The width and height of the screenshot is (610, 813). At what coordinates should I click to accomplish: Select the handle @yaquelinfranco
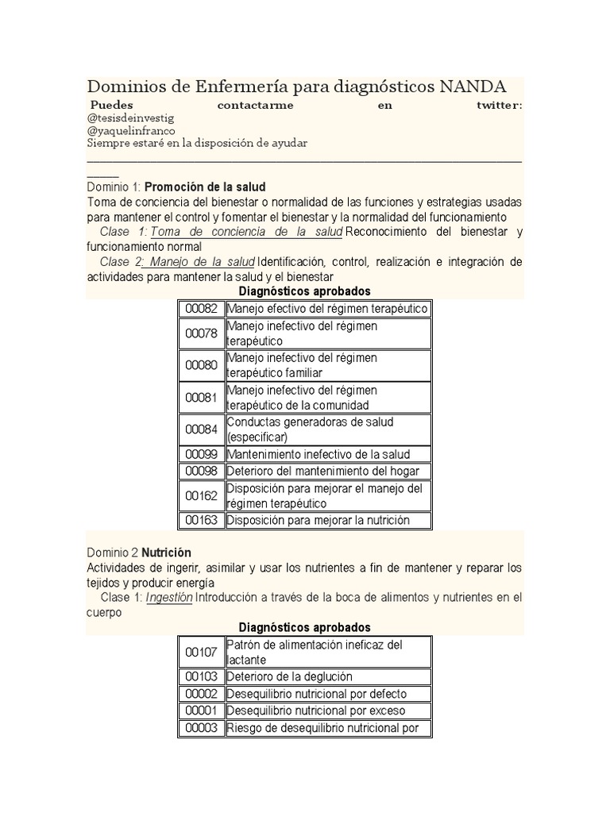[x=131, y=130]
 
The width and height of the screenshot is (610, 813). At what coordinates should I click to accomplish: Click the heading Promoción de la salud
[x=205, y=187]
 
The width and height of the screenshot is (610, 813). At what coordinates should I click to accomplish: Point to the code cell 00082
[x=201, y=308]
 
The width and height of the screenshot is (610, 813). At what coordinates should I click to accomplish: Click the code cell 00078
[x=201, y=333]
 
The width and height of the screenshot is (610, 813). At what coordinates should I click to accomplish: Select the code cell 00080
[x=201, y=365]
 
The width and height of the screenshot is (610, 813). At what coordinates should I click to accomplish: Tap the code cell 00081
[x=201, y=397]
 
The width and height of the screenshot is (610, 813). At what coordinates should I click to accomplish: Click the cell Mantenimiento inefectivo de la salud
[x=319, y=454]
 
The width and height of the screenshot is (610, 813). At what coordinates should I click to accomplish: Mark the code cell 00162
[x=201, y=495]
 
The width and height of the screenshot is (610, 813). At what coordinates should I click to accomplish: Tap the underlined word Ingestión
[x=169, y=597]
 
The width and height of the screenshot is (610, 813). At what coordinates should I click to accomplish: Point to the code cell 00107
[x=201, y=652]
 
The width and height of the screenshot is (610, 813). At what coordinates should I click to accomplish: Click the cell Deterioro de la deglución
[x=290, y=676]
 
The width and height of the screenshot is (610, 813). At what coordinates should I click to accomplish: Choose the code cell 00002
[x=201, y=693]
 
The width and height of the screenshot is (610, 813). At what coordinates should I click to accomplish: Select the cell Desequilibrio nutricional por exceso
[x=316, y=710]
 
